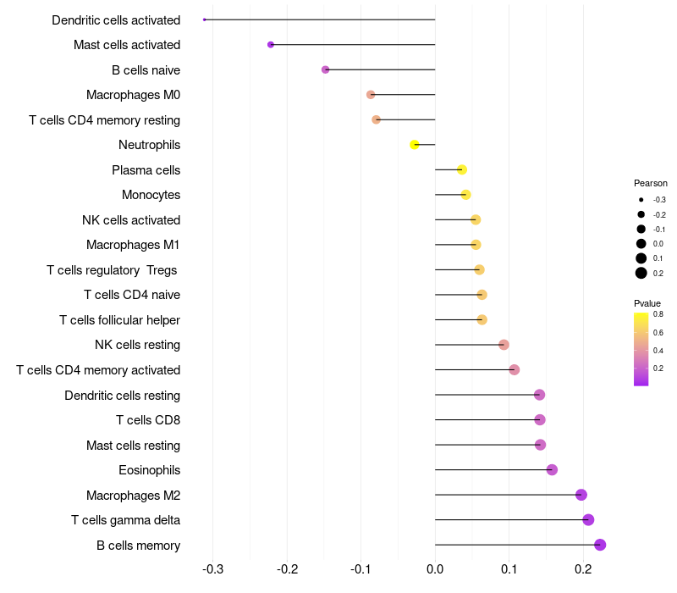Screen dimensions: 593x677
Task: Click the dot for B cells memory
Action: tap(600, 545)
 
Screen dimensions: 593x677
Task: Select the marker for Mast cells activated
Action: tap(271, 44)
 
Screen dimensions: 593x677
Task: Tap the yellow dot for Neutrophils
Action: tap(415, 145)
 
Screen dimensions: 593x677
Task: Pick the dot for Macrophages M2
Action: tap(581, 495)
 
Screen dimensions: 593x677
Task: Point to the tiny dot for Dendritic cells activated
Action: tap(205, 19)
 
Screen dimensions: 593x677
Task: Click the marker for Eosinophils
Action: tap(552, 470)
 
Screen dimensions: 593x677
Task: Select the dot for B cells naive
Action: tap(326, 69)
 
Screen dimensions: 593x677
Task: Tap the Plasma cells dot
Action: tap(462, 169)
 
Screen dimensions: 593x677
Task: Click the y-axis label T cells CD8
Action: tap(148, 420)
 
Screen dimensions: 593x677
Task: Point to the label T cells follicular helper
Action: tap(119, 320)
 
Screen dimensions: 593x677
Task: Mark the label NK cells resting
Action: tap(137, 345)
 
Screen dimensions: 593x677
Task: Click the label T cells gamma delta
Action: tap(125, 520)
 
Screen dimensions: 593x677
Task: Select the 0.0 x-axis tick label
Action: tap(435, 570)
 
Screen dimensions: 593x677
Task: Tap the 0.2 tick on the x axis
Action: tap(583, 570)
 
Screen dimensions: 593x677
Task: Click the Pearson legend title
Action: tap(650, 183)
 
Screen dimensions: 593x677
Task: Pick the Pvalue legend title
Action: tap(647, 303)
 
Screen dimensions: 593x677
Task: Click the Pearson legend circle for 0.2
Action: tap(641, 273)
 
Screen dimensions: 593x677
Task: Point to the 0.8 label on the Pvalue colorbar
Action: tap(658, 314)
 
